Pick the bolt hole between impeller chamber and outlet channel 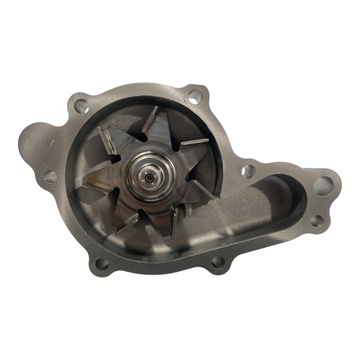248,171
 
